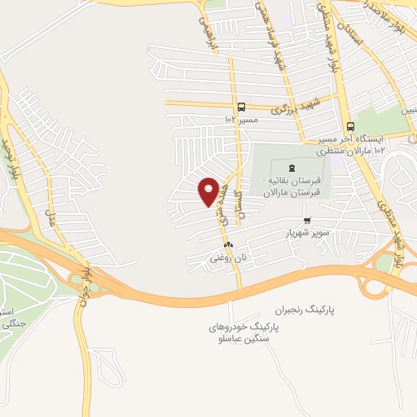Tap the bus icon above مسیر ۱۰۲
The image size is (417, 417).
241,107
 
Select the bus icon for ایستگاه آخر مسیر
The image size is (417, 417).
350,126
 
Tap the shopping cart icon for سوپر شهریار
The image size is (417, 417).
307,220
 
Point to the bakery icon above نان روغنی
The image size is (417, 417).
228,244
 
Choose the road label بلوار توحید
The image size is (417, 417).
11,158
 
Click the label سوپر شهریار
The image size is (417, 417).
306,233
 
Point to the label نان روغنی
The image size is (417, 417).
228,257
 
